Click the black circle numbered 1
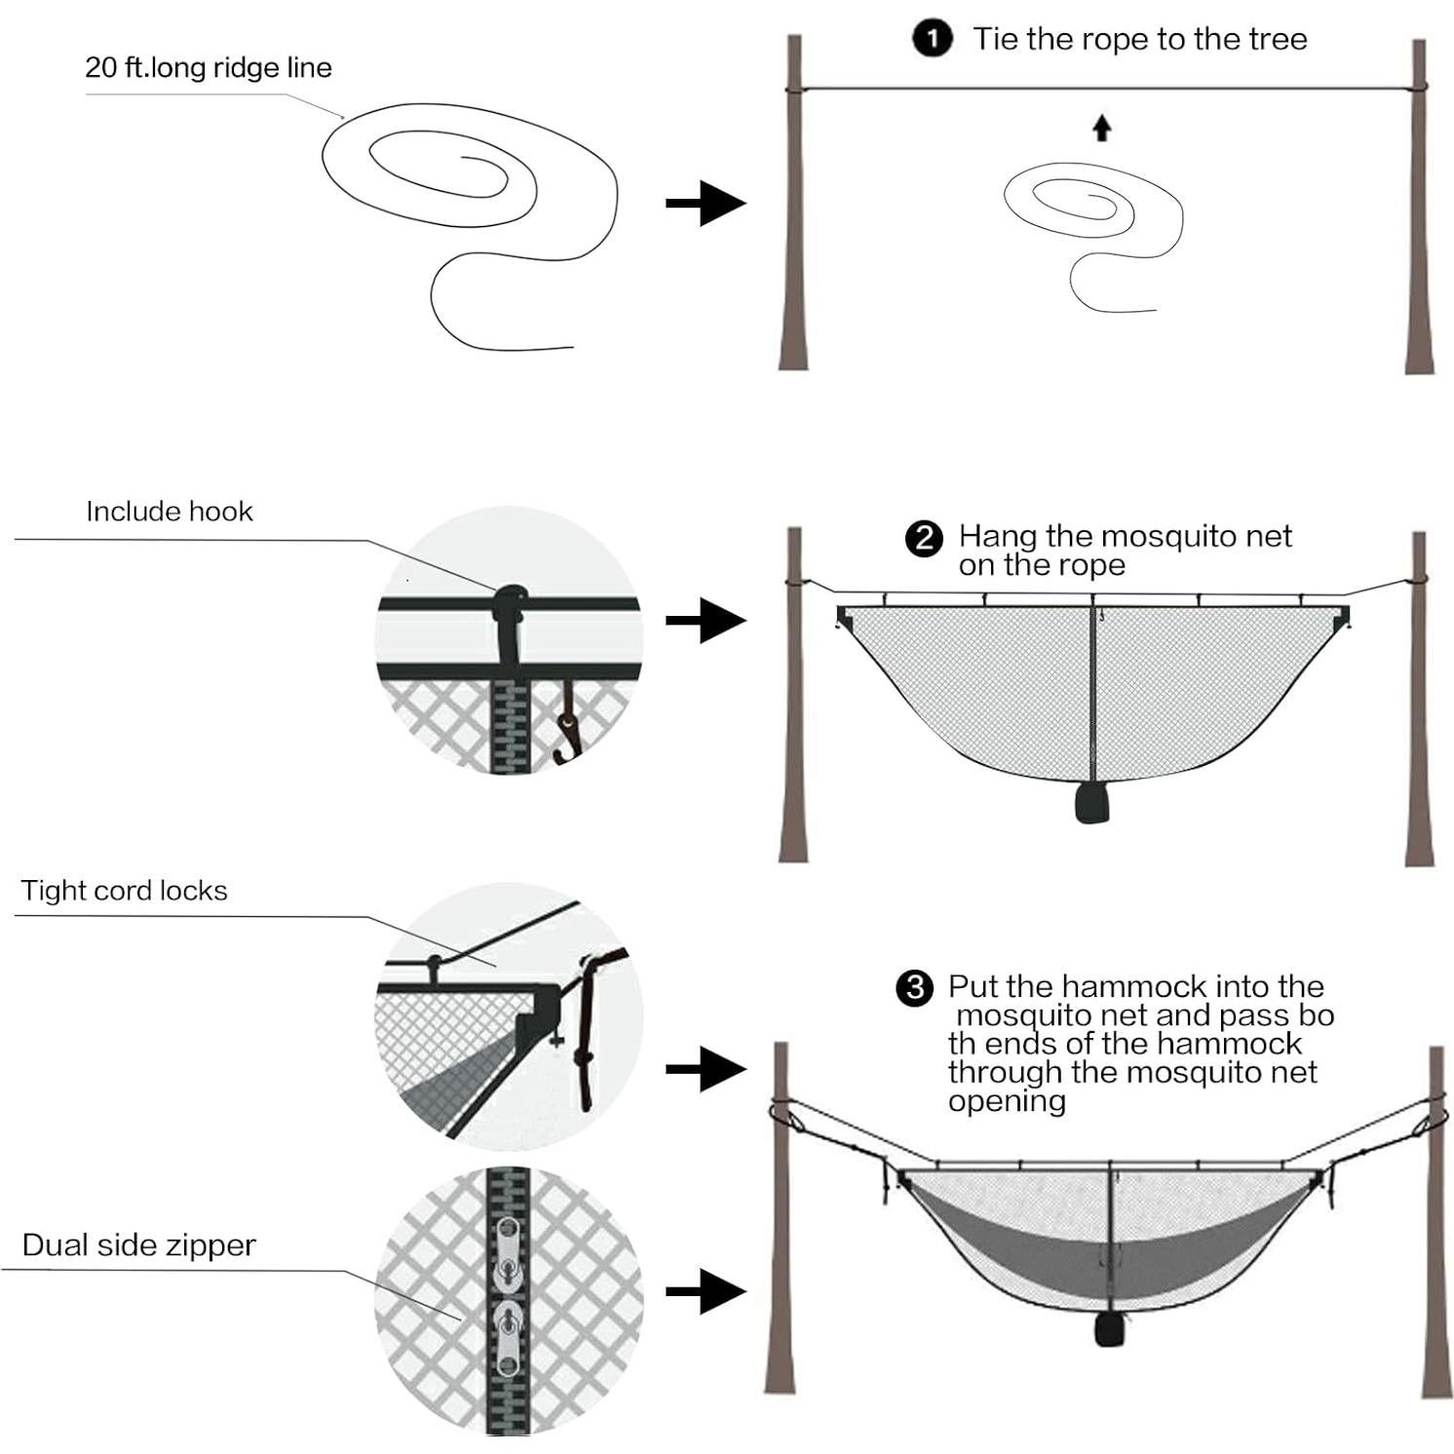(x=932, y=39)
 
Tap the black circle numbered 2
(x=923, y=539)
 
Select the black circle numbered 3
(x=914, y=988)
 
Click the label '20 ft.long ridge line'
(x=209, y=67)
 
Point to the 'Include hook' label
(x=170, y=512)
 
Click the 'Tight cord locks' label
(x=125, y=891)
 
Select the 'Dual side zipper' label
(x=138, y=1245)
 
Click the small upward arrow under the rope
(x=1101, y=128)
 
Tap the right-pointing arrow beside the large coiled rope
(x=706, y=203)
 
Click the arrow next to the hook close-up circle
(x=706, y=621)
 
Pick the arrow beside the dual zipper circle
(x=706, y=1292)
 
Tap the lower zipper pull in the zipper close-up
(x=508, y=1335)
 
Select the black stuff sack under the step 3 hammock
(x=1107, y=1329)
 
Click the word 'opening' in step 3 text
(x=1007, y=1101)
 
